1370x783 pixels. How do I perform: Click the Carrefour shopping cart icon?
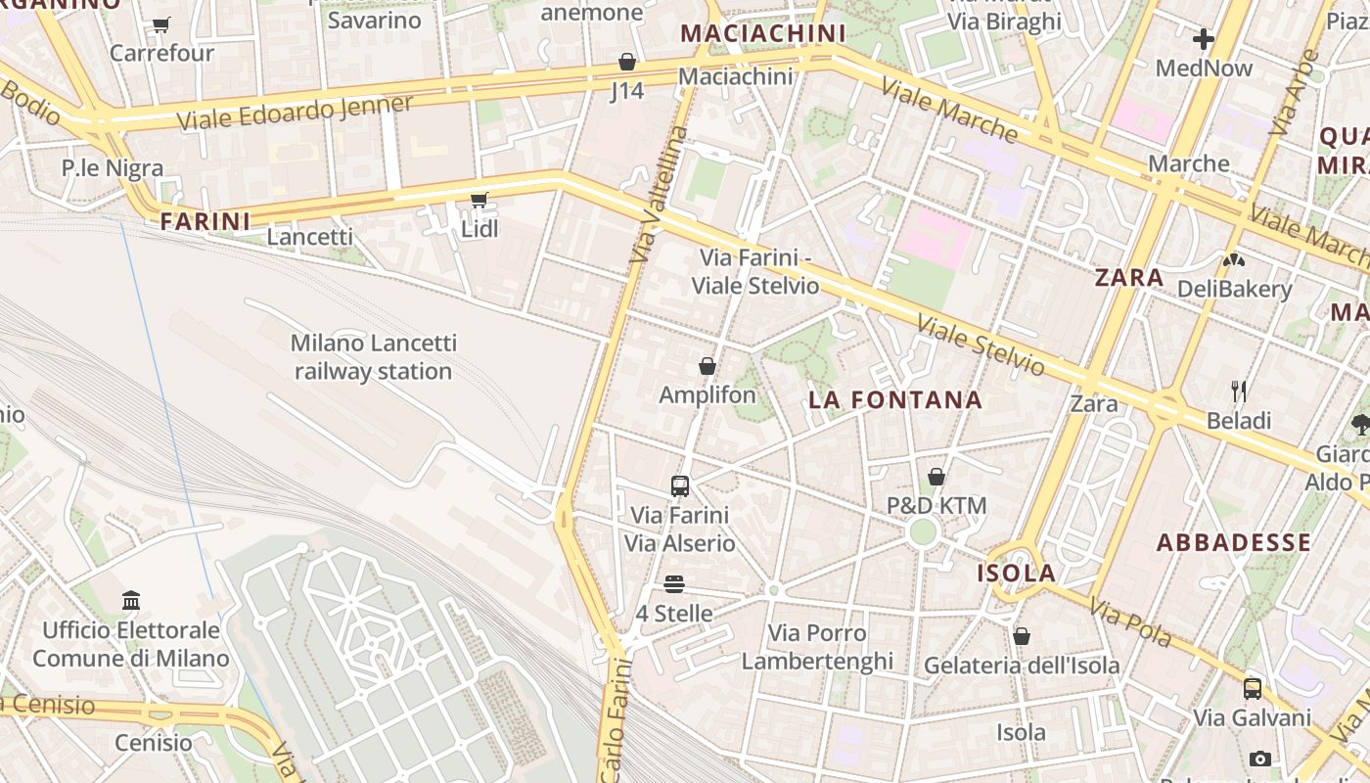coord(161,24)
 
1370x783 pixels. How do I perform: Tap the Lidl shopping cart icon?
coord(479,201)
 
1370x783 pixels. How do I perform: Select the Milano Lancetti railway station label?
coord(373,357)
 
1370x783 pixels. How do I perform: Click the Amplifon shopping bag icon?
coord(707,367)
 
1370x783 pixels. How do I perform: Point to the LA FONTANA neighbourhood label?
coord(894,399)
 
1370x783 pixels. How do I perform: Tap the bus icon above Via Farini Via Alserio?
coord(679,485)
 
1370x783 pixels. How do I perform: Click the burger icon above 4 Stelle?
coord(673,584)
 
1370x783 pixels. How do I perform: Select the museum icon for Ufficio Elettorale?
coord(131,600)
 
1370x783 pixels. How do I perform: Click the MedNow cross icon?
coord(1203,39)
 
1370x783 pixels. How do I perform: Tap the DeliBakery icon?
coord(1233,260)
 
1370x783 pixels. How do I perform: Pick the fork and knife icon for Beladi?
coord(1239,391)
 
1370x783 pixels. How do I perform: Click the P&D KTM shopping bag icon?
coord(936,477)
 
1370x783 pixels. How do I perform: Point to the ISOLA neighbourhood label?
coord(1016,574)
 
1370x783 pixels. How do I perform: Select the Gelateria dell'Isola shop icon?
coord(1021,636)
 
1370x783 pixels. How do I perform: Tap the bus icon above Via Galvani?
coord(1252,688)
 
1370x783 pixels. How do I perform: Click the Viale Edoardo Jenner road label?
coord(295,112)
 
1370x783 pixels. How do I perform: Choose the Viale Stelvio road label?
coord(981,345)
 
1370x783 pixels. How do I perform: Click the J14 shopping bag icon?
coord(626,63)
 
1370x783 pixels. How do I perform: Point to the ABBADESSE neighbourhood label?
coord(1233,542)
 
